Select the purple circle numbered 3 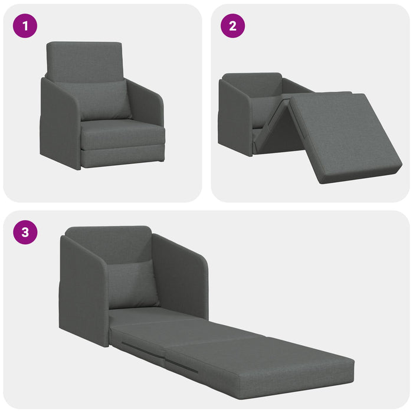pyautogui.click(x=25, y=232)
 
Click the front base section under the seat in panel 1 pyautogui.click(x=123, y=156)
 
